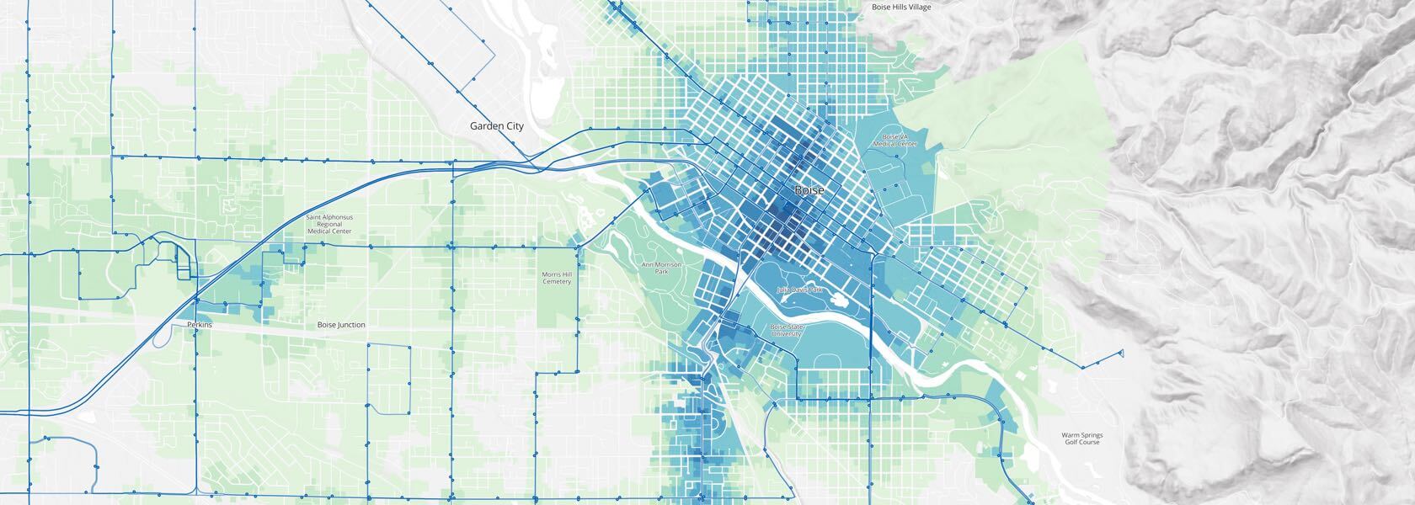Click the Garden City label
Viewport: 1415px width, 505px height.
coord(496,126)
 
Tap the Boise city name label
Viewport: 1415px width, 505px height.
coord(809,191)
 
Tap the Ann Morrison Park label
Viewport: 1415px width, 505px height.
coord(660,268)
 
